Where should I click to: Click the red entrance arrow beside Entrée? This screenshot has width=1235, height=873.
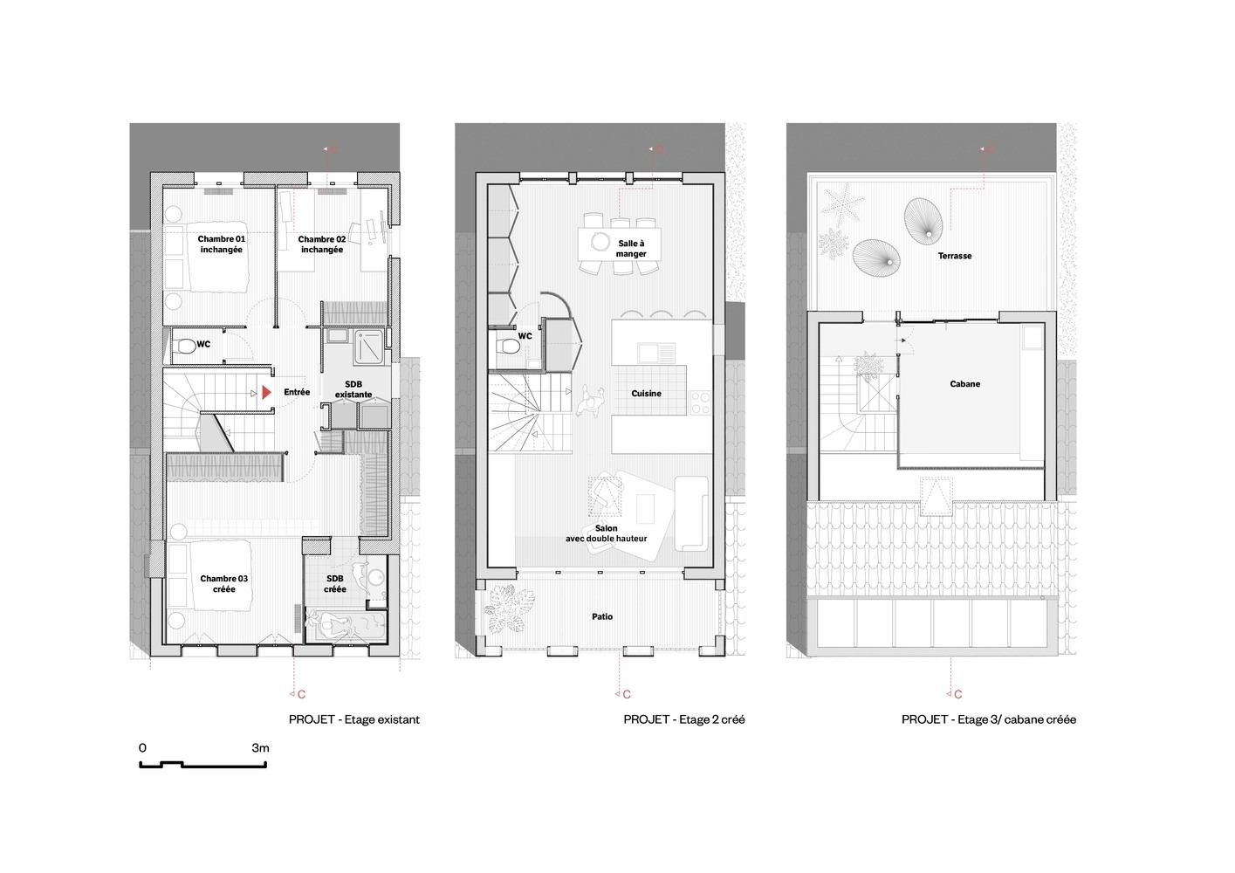266,393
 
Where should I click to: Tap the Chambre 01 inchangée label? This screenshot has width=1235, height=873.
221,244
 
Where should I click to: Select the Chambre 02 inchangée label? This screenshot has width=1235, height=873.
322,244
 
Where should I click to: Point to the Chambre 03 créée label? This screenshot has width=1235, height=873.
223,584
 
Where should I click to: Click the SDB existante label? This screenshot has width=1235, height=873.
353,389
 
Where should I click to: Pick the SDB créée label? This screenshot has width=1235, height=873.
335,584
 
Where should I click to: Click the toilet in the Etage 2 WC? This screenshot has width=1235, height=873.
508,347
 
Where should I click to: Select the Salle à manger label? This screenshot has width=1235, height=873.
631,249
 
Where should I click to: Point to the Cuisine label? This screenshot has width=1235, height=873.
646,393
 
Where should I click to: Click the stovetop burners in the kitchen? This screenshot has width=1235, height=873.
701,402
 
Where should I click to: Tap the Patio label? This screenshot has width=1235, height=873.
602,616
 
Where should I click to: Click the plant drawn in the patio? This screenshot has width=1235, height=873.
510,609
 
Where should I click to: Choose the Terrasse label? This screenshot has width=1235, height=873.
955,256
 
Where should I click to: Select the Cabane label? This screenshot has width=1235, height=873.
964,384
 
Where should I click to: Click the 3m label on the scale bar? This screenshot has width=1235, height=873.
260,748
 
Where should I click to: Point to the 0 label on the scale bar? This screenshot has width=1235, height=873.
143,748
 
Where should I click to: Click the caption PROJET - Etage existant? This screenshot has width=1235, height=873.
354,719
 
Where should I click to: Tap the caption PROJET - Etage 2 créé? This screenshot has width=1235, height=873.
684,719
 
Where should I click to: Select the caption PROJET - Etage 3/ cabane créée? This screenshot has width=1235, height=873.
989,719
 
